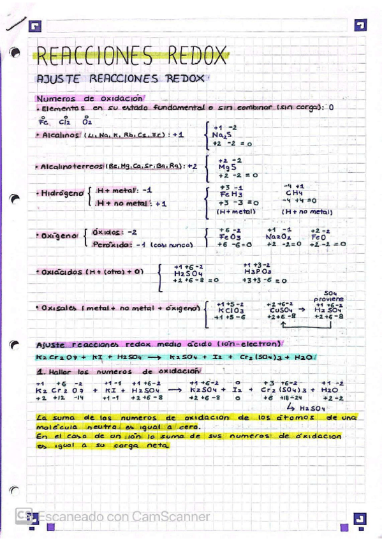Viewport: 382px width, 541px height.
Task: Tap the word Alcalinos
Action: pos(60,135)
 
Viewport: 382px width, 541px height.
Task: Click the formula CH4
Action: pos(294,193)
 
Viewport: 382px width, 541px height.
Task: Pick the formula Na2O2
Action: pos(278,236)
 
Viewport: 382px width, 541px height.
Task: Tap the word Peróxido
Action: pos(112,244)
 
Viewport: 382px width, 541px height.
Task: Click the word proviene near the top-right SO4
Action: pos(328,298)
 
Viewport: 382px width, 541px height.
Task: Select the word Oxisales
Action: pos(59,308)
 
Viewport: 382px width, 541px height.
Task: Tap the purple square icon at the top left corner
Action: pos(35,26)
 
